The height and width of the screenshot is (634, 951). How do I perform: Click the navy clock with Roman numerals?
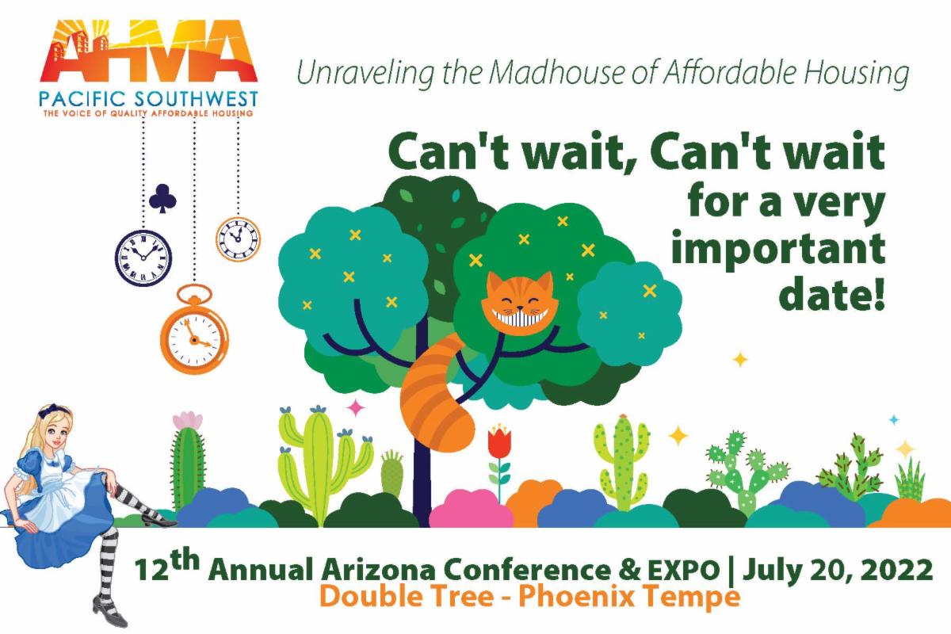(x=143, y=254)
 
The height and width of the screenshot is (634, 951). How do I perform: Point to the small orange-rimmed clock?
(x=238, y=236)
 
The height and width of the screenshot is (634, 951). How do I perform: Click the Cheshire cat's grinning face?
(x=519, y=304)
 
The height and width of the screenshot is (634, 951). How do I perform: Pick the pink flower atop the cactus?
(x=187, y=420)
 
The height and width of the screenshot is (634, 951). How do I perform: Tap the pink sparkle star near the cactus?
(x=357, y=407)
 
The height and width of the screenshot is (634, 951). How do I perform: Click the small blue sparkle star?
(x=894, y=419)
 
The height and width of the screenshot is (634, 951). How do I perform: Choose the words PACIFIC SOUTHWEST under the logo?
(x=148, y=101)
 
